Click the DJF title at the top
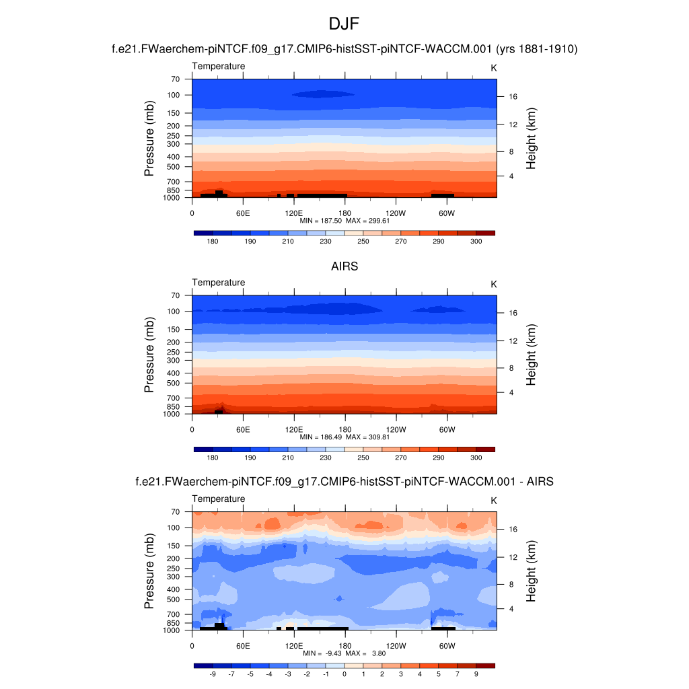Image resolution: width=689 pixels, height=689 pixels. (x=344, y=24)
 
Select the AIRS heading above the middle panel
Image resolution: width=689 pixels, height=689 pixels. (x=344, y=266)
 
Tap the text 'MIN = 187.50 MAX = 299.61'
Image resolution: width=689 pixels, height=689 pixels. (x=344, y=221)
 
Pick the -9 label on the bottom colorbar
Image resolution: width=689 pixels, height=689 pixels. (x=213, y=674)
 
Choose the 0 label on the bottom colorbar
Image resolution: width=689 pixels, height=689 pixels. (x=344, y=674)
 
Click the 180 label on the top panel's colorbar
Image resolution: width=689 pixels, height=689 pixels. (x=213, y=241)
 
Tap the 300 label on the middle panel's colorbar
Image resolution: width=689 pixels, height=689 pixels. (x=476, y=458)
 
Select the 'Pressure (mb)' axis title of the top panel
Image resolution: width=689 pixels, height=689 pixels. (x=149, y=139)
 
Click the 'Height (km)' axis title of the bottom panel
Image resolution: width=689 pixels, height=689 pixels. (x=531, y=571)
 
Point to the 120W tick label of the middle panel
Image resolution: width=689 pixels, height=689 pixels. (x=396, y=429)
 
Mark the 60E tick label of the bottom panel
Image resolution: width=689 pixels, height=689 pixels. (x=243, y=645)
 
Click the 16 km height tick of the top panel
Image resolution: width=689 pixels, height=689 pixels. (x=512, y=96)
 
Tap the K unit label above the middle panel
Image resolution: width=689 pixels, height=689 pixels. (x=493, y=285)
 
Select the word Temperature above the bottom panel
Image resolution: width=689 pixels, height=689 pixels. (x=219, y=499)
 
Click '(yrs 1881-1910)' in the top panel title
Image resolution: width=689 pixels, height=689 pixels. (x=536, y=49)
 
